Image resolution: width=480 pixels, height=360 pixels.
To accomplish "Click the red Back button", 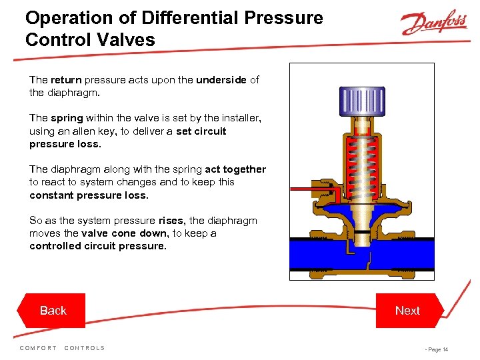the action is (x=51, y=311).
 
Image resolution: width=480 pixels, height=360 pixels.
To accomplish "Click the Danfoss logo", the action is (x=434, y=22).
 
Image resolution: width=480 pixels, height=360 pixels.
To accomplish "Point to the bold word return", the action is (x=66, y=80).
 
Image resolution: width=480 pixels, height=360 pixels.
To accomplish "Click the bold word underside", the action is (x=221, y=79).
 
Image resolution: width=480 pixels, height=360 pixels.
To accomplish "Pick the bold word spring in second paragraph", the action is (x=67, y=119).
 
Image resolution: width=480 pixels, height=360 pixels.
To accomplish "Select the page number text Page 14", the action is (x=438, y=349).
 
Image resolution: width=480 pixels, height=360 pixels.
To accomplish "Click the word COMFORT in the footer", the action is (x=38, y=348).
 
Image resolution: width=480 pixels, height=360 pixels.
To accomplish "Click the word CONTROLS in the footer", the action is (x=85, y=348).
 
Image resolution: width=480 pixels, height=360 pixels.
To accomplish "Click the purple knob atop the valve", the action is (x=362, y=101).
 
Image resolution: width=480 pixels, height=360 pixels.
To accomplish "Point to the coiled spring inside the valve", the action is (x=362, y=167).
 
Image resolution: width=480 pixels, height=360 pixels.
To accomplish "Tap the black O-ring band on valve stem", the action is (x=362, y=233).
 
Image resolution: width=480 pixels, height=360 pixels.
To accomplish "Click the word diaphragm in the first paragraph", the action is (x=73, y=93).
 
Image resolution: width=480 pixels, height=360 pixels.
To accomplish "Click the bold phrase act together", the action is (x=235, y=169).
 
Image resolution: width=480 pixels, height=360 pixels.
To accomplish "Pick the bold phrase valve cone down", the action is (x=125, y=233).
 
